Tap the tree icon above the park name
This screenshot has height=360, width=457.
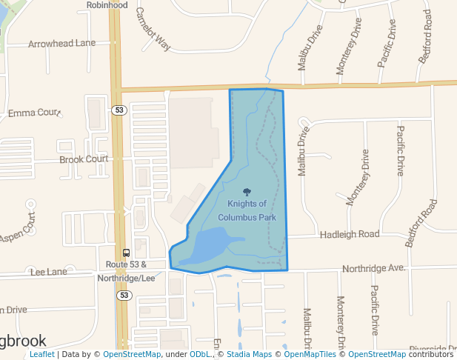point(247,192)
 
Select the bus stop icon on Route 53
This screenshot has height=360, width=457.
point(126,253)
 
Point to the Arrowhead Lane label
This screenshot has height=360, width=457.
point(62,44)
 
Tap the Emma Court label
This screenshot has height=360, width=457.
point(33,113)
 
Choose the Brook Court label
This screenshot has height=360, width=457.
point(84,159)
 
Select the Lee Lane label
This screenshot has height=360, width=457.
point(50,273)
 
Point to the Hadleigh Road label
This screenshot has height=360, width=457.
point(349,234)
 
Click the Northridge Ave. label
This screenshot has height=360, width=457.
point(373,267)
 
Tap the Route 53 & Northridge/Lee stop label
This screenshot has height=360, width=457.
point(126,271)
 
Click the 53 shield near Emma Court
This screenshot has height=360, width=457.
point(120,110)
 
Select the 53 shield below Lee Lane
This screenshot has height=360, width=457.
point(124,296)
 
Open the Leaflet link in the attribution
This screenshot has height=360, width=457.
point(41,355)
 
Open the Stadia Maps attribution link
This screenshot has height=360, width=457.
point(247,355)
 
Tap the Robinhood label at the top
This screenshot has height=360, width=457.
point(107,5)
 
